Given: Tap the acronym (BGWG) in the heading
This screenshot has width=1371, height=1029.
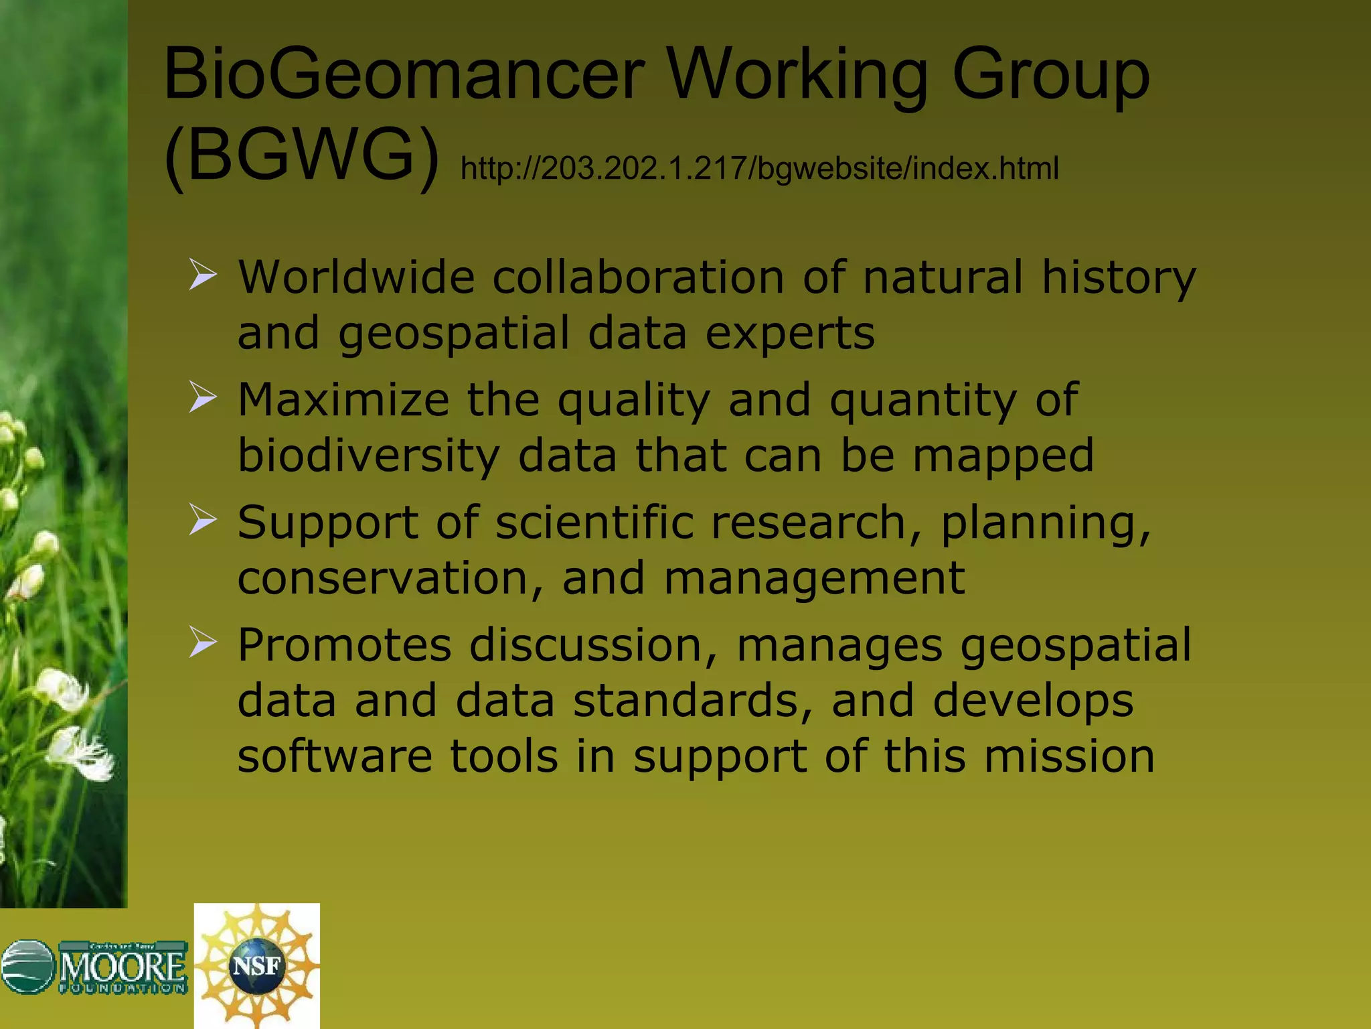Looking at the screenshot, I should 301,155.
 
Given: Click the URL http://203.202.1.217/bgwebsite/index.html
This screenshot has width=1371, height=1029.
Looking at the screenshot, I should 759,168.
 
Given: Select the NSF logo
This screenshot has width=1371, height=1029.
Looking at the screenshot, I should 256,965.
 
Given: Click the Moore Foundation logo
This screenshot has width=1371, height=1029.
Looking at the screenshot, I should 94,967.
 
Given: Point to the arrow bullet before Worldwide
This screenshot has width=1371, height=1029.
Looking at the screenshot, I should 202,276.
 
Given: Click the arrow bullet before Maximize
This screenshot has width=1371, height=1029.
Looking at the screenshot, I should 202,398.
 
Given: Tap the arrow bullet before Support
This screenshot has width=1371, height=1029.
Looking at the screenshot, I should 202,521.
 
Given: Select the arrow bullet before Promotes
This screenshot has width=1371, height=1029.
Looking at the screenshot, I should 202,642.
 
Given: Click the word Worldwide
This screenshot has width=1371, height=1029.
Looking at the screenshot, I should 356,277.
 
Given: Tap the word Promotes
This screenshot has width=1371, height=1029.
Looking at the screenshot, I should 345,645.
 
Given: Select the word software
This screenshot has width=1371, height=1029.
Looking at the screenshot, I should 335,756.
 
